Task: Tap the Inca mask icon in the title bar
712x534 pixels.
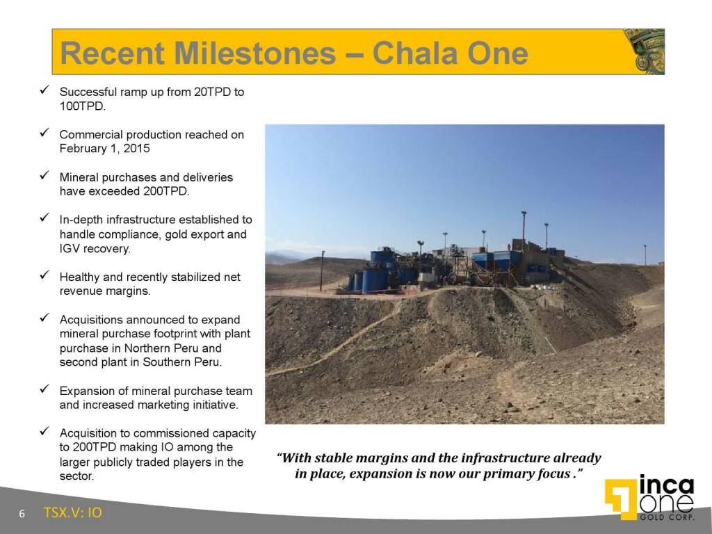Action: coord(644,51)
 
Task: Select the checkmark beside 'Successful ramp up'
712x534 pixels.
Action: coord(44,91)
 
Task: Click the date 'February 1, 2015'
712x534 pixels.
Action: coord(104,149)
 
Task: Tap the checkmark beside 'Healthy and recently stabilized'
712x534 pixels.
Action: coord(44,276)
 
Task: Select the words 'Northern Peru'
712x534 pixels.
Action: coord(190,348)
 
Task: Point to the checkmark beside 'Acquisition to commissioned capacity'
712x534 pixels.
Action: coord(44,432)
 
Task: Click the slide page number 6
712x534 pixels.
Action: coord(22,514)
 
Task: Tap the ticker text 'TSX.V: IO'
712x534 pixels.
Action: coord(72,513)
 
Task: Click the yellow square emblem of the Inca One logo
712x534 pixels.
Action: coord(619,498)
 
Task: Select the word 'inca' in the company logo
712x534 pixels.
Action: coord(665,485)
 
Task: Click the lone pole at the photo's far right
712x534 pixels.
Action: coord(645,254)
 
